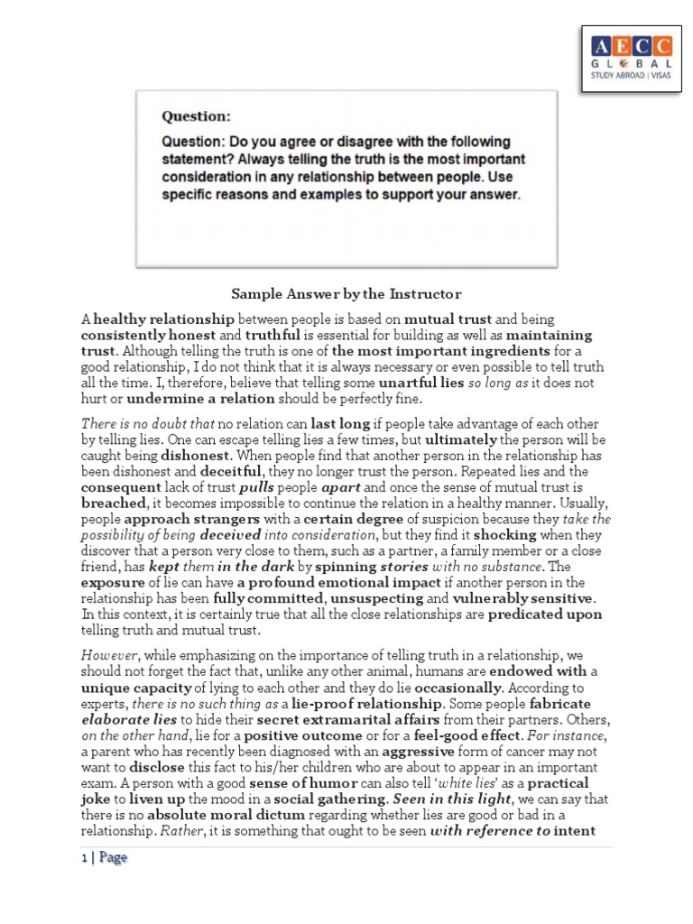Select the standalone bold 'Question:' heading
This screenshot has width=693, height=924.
point(196,115)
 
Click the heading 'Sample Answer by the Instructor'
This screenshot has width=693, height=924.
point(346,294)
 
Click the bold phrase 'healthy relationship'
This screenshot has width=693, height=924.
point(164,319)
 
